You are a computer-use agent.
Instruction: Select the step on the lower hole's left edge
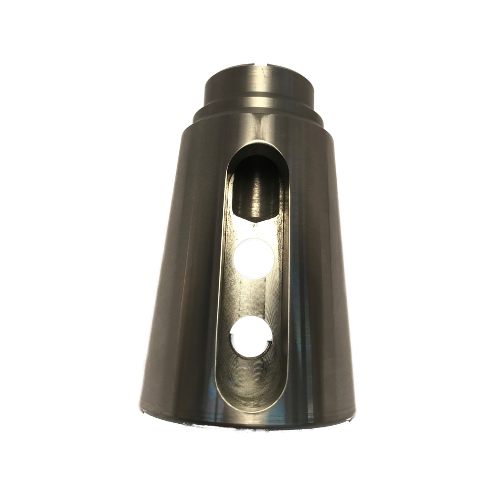point(232,339)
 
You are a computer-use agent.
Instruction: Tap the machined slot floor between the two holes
point(252,297)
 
